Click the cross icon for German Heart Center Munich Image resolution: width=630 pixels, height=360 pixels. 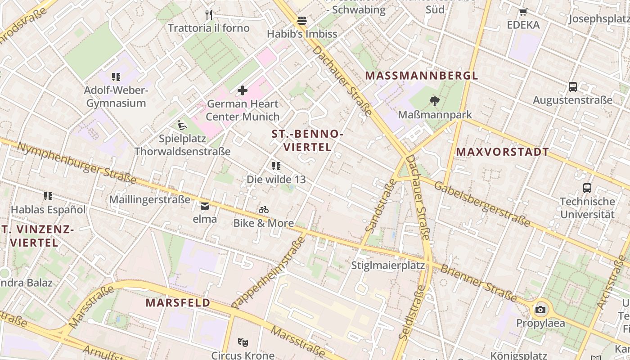coord(243,90)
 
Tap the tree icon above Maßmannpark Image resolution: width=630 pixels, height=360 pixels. coord(434,101)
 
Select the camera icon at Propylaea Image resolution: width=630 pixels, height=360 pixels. coord(540,310)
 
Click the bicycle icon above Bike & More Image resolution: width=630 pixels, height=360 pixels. coord(264,210)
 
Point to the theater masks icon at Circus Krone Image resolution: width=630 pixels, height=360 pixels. coord(243,342)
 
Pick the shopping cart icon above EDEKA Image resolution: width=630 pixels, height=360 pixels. coord(523,12)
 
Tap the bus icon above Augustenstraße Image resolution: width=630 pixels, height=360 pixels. coord(572,87)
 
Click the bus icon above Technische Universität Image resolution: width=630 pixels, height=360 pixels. coord(587,188)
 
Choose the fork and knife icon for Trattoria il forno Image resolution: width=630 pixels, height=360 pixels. coord(208,14)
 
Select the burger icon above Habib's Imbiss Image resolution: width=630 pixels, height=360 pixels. coord(301,21)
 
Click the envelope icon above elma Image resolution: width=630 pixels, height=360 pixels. coord(205,206)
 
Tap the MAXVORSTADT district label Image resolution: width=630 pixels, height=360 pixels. coord(503,152)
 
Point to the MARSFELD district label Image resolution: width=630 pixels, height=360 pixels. coord(178,303)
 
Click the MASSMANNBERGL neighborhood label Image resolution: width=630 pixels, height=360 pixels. coord(421,76)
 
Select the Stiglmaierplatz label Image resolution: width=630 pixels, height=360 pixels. coord(388,265)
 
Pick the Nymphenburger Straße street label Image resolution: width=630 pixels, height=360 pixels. coord(76,163)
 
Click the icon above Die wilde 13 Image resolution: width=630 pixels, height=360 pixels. coord(276,166)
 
